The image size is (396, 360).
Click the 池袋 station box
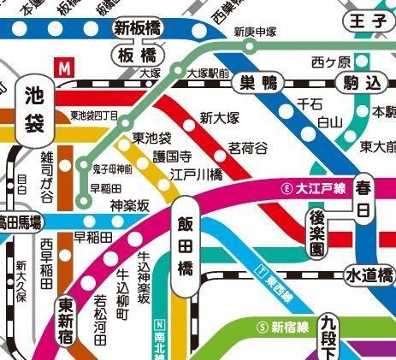click(x=35, y=109)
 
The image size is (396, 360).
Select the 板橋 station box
click(x=136, y=56)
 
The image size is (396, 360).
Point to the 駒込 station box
click(x=361, y=83)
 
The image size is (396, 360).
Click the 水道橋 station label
click(x=369, y=275)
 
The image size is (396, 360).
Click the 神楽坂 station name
click(x=130, y=205)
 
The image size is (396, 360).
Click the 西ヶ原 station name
click(x=331, y=62)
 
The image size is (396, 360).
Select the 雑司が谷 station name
click(x=48, y=176)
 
